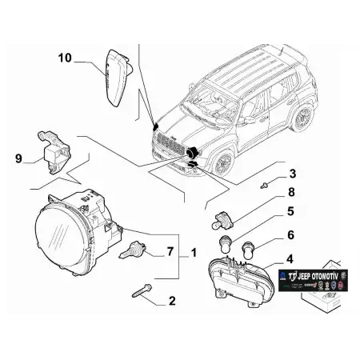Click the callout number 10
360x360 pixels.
pos(65,58)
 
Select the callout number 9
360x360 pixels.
pos(20,158)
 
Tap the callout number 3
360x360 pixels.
pos(292,174)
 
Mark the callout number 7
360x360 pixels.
pos(169,252)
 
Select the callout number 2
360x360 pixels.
pos(170,302)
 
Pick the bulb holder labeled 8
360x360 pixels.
pos(224,217)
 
